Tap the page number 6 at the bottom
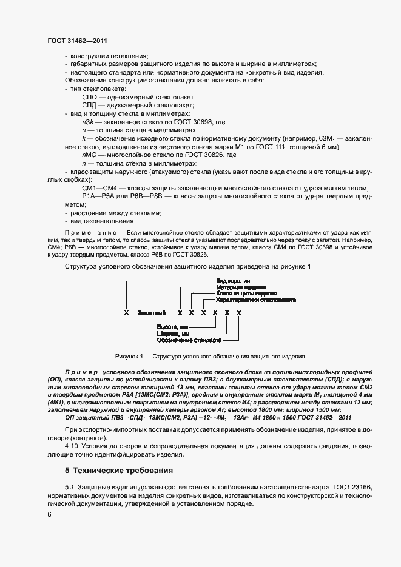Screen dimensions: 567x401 point(49,515)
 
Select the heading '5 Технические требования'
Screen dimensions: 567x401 point(119,470)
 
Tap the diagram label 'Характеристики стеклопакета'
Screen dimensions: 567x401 point(257,300)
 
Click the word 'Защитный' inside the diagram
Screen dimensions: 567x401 point(152,313)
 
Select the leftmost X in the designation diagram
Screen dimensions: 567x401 point(126,313)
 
